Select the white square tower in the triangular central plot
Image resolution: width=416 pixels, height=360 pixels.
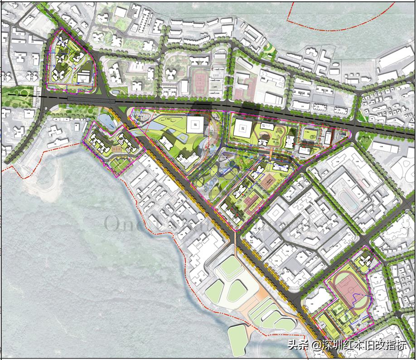tap(195, 125)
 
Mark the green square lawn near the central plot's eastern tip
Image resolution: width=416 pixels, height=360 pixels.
tap(311, 133)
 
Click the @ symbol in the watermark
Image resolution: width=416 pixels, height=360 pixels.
tap(316, 345)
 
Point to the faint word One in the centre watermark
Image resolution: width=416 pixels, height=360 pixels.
tap(119, 223)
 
